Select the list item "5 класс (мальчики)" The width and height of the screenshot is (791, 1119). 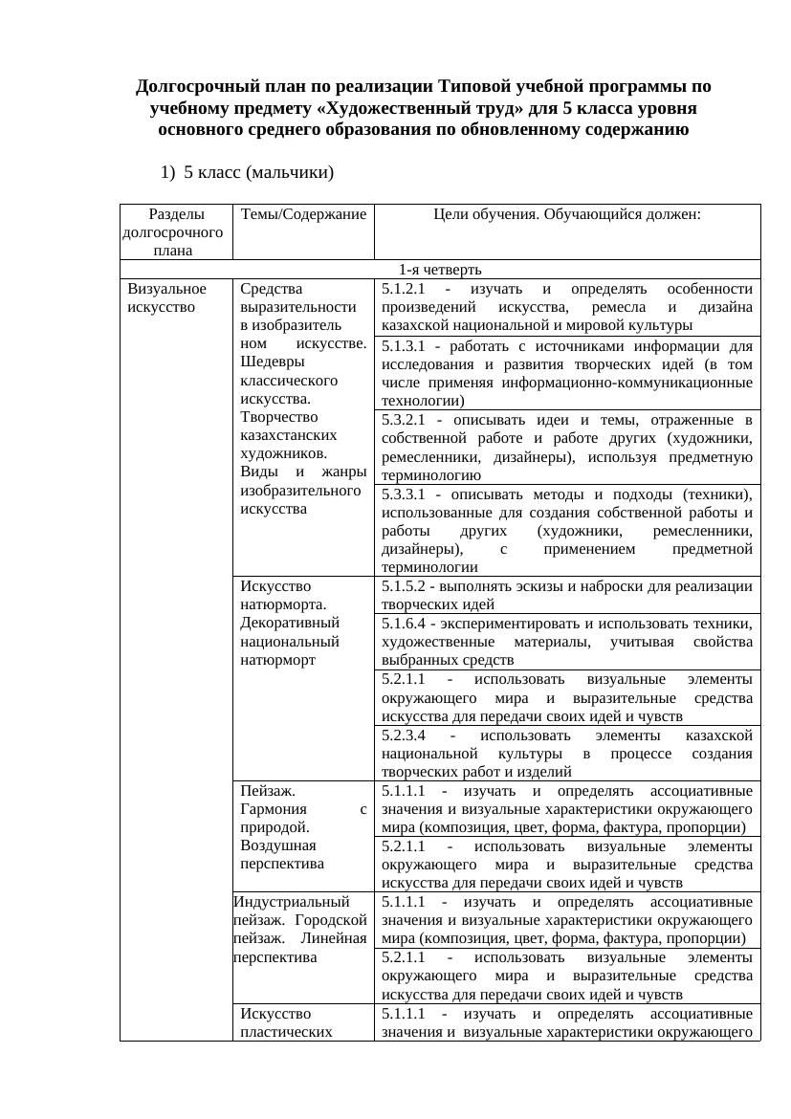coord(258,173)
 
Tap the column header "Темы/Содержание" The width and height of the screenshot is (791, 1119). coord(304,215)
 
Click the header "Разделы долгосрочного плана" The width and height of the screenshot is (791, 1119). coord(173,232)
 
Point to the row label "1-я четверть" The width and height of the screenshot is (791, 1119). coord(440,270)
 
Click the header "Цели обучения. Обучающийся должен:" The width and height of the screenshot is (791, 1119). coord(567,215)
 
